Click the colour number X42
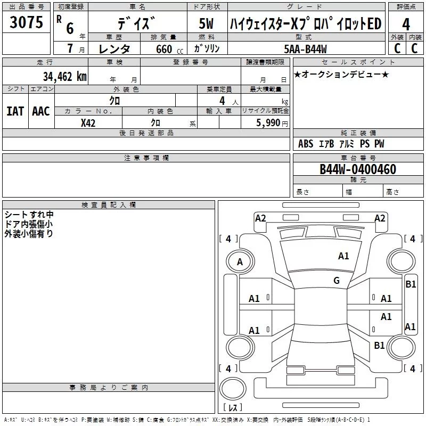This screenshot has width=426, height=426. tap(88, 123)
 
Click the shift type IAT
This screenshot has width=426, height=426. tap(15, 111)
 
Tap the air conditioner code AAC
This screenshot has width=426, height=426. tap(40, 111)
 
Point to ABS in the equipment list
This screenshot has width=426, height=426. tap(306, 144)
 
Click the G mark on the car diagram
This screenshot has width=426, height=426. tap(336, 281)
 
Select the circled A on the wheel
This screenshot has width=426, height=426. tap(240, 262)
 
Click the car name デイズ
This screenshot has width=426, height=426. tap(137, 24)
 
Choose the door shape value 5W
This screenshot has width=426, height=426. tap(207, 24)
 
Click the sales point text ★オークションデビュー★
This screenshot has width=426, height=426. tap(341, 74)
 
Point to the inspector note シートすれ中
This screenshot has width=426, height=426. tap(29, 215)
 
